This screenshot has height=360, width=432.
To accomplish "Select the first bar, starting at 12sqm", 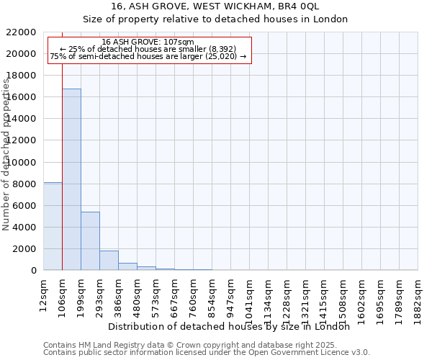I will pos(53,226).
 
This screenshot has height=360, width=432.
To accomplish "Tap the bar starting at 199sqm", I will pos(90,240).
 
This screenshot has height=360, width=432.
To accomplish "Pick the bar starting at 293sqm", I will pos(109,260).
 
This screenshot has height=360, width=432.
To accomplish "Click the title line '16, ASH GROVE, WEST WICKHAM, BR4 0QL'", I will pos(215,6).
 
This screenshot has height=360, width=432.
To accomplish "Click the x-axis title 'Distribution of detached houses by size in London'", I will pos(233,326).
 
